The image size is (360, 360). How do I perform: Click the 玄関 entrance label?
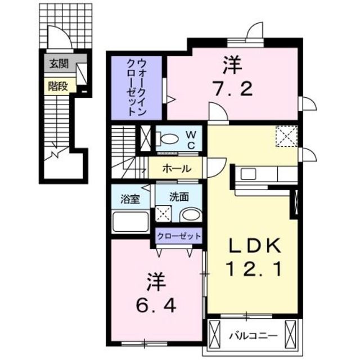click(56, 64)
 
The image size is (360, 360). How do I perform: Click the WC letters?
click(191, 139)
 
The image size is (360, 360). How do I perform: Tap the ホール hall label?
click(175, 168)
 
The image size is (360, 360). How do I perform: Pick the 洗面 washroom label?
click(179, 197)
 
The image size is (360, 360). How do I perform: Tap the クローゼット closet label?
click(179, 236)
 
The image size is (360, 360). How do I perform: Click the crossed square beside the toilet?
click(145, 138)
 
